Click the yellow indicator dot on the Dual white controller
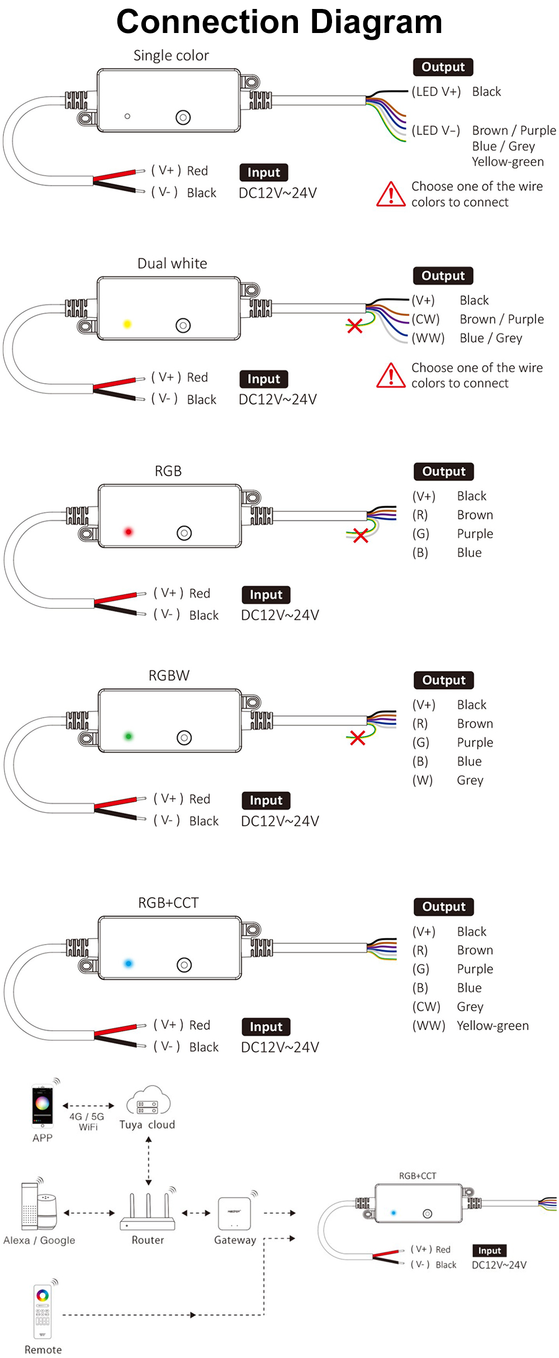point(127,324)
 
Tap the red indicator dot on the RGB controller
point(129,531)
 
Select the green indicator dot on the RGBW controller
point(129,736)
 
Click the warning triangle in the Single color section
point(391,195)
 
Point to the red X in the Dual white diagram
point(354,326)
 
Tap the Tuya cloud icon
point(148,1101)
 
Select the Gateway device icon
point(234,1213)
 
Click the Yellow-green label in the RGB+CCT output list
point(492,1025)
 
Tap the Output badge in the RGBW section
point(444,680)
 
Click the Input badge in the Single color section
point(264,172)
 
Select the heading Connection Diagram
point(279,22)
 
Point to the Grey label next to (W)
point(470,780)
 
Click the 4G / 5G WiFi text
point(87,1121)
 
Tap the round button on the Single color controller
point(183,117)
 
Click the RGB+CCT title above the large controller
point(168,903)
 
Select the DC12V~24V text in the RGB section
point(279,615)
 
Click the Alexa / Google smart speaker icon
point(39,1211)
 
